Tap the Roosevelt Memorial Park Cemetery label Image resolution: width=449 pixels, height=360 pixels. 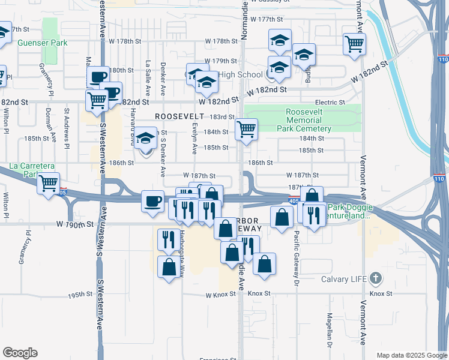tap(304, 121)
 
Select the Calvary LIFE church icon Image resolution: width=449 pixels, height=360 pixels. tap(376, 278)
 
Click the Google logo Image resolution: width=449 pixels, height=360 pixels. tap(20, 353)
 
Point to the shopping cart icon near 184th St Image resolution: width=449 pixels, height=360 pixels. tap(246, 129)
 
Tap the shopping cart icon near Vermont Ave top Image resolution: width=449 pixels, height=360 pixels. tap(355, 43)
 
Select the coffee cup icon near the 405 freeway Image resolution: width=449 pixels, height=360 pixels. tap(153, 200)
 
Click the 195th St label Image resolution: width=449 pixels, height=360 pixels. tap(79, 295)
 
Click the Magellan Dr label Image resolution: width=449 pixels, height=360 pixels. tap(330, 330)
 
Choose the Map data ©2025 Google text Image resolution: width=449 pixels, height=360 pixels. tap(411, 355)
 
